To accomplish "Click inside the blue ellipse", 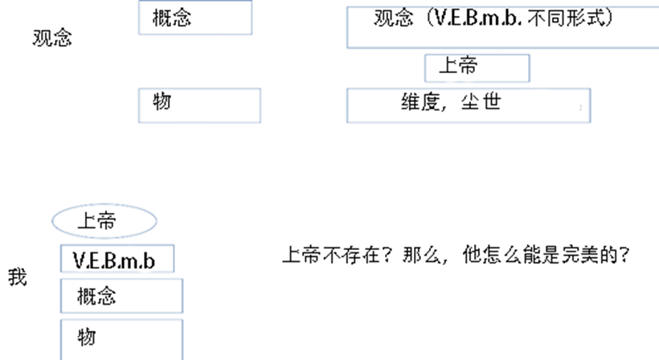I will click(104, 221).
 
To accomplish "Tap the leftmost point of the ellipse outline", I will click(51, 221).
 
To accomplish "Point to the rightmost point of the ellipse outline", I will click(158, 221).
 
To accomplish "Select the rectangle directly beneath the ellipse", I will click(117, 259).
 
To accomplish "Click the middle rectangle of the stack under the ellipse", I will click(121, 296).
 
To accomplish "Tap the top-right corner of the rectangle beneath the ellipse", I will click(174, 245).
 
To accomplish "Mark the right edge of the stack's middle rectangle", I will click(182, 296).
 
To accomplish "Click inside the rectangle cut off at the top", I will click(195, 18).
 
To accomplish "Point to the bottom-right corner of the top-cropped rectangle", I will click(252, 35).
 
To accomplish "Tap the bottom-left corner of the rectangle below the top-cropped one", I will click(139, 123).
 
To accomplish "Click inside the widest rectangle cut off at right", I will click(502, 28).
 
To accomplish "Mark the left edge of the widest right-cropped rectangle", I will click(347, 28).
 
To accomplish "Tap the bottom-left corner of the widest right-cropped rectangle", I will click(347, 47).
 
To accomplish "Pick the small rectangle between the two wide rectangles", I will click(477, 68).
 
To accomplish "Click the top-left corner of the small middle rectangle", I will click(425, 55).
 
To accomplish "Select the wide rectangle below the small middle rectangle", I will click(469, 105).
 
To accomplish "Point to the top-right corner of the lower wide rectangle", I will click(590, 89).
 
